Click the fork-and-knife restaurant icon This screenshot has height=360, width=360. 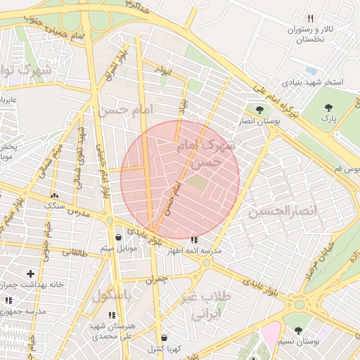click(310, 18)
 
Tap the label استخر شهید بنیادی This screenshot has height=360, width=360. click(313, 82)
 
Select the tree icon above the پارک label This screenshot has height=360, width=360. click(328, 108)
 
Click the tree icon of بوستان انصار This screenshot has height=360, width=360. click(260, 110)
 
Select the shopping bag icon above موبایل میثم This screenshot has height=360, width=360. click(117, 237)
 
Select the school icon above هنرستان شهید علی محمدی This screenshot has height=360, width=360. click(112, 314)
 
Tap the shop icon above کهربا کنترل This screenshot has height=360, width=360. click(164, 337)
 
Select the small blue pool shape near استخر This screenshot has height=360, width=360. click(309, 71)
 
